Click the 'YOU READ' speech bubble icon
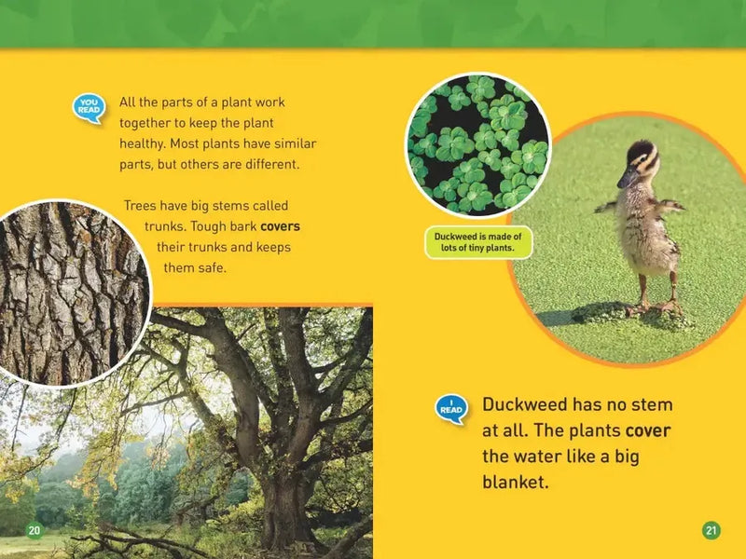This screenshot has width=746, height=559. [x=89, y=107]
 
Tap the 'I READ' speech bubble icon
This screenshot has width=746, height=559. [x=451, y=408]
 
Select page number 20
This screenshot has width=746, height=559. [x=34, y=530]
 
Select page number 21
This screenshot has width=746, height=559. [x=711, y=530]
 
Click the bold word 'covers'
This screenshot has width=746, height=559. [x=280, y=226]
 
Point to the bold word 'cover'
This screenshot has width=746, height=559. [x=647, y=431]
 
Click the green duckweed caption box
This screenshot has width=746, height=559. [x=478, y=242]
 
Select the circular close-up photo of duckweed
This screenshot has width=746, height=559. [x=477, y=144]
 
